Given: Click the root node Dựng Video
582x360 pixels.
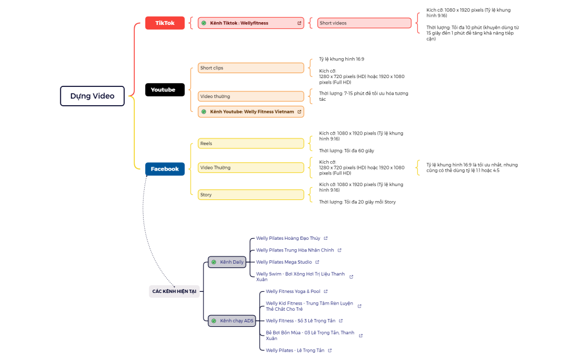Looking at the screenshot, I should [x=92, y=96].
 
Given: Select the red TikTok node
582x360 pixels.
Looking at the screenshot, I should [x=165, y=23].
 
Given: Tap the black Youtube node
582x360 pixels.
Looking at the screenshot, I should [x=165, y=90].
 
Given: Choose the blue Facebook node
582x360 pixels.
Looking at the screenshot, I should [x=165, y=169].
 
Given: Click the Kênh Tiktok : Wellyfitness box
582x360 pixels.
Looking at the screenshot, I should [x=251, y=23].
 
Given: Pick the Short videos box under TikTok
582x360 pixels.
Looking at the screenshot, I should [x=364, y=23].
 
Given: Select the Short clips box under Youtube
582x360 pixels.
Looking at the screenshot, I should [x=251, y=68].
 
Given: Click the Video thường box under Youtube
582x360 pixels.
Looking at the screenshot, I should [x=251, y=96].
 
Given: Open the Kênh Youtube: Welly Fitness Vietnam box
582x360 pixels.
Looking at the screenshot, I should [x=251, y=111].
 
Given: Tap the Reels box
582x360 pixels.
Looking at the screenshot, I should [x=251, y=143].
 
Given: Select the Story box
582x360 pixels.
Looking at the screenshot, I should [x=251, y=194].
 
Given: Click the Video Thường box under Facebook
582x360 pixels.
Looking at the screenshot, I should [x=251, y=167].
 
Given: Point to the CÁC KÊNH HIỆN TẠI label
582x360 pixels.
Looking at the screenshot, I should [x=174, y=291].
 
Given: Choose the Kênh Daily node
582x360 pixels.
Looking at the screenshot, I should [x=227, y=262].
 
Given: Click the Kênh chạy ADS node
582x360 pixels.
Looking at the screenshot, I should [x=232, y=321].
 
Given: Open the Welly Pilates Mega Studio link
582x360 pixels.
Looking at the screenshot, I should [x=284, y=262].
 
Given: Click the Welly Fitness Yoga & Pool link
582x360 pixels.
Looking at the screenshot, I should [x=293, y=291].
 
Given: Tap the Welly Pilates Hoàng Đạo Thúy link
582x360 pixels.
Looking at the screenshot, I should [x=288, y=238].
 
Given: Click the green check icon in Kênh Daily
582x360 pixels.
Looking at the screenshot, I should [x=214, y=262].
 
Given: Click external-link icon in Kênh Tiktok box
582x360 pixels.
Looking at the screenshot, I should [x=299, y=23].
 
